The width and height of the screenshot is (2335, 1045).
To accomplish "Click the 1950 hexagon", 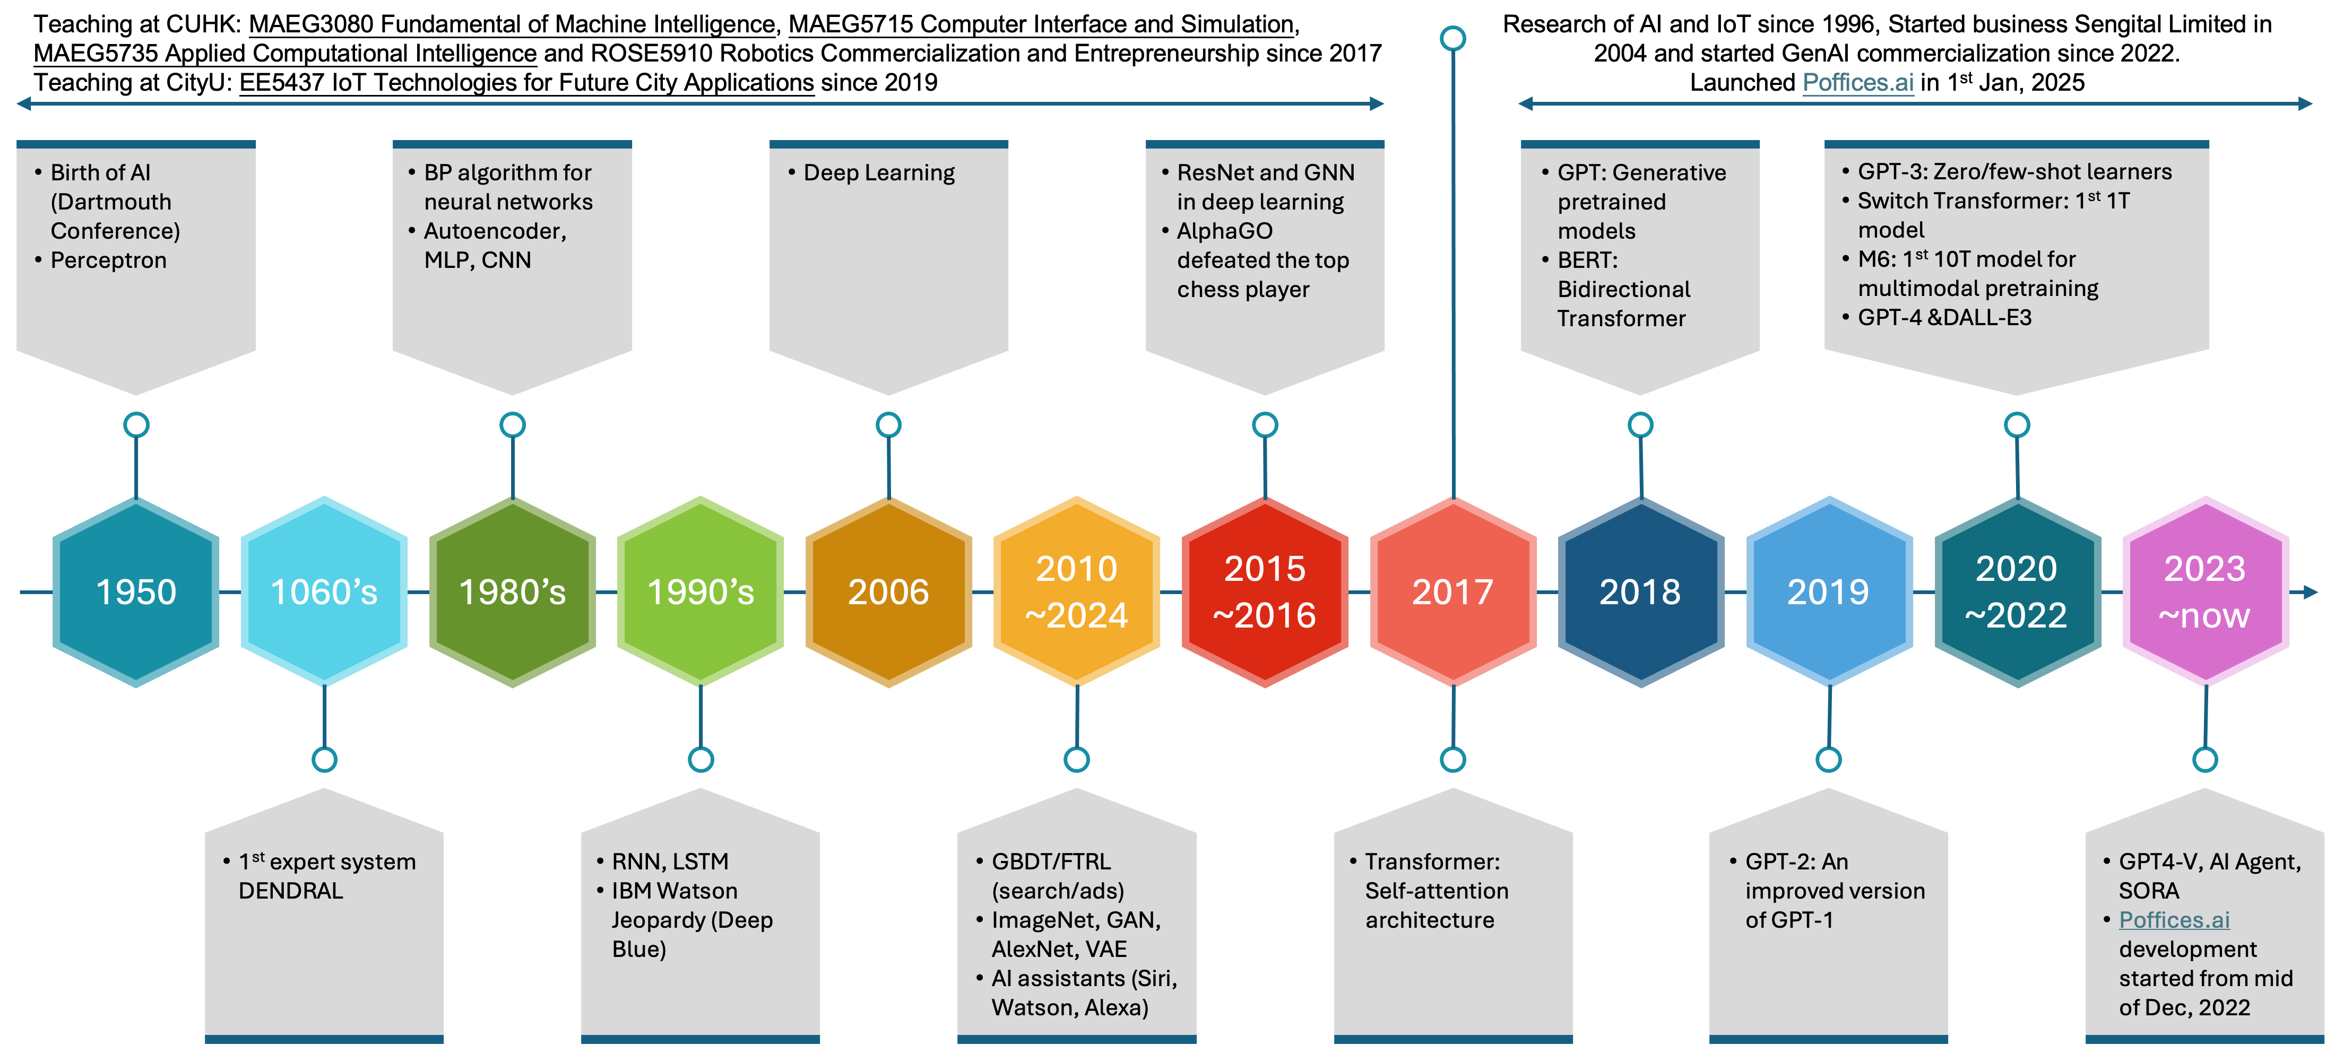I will (136, 592).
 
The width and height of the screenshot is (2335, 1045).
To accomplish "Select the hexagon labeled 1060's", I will (324, 592).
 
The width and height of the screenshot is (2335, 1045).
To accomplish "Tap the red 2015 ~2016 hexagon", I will (1265, 592).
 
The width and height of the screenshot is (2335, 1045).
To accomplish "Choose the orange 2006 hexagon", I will (888, 592).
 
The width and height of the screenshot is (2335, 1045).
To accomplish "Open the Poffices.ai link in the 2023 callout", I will (2174, 920).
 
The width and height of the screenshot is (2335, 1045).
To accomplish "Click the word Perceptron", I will (109, 260).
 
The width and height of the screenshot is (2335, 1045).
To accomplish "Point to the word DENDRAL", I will (290, 891).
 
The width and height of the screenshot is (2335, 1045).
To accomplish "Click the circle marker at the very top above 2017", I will (1453, 38).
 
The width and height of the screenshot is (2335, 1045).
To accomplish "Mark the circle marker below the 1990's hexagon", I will (700, 760).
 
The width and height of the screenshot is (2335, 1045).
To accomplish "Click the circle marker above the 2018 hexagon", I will (1641, 424).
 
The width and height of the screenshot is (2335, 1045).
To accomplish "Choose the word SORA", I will (2148, 891).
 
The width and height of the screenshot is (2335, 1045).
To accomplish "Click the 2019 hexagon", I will (1828, 592).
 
